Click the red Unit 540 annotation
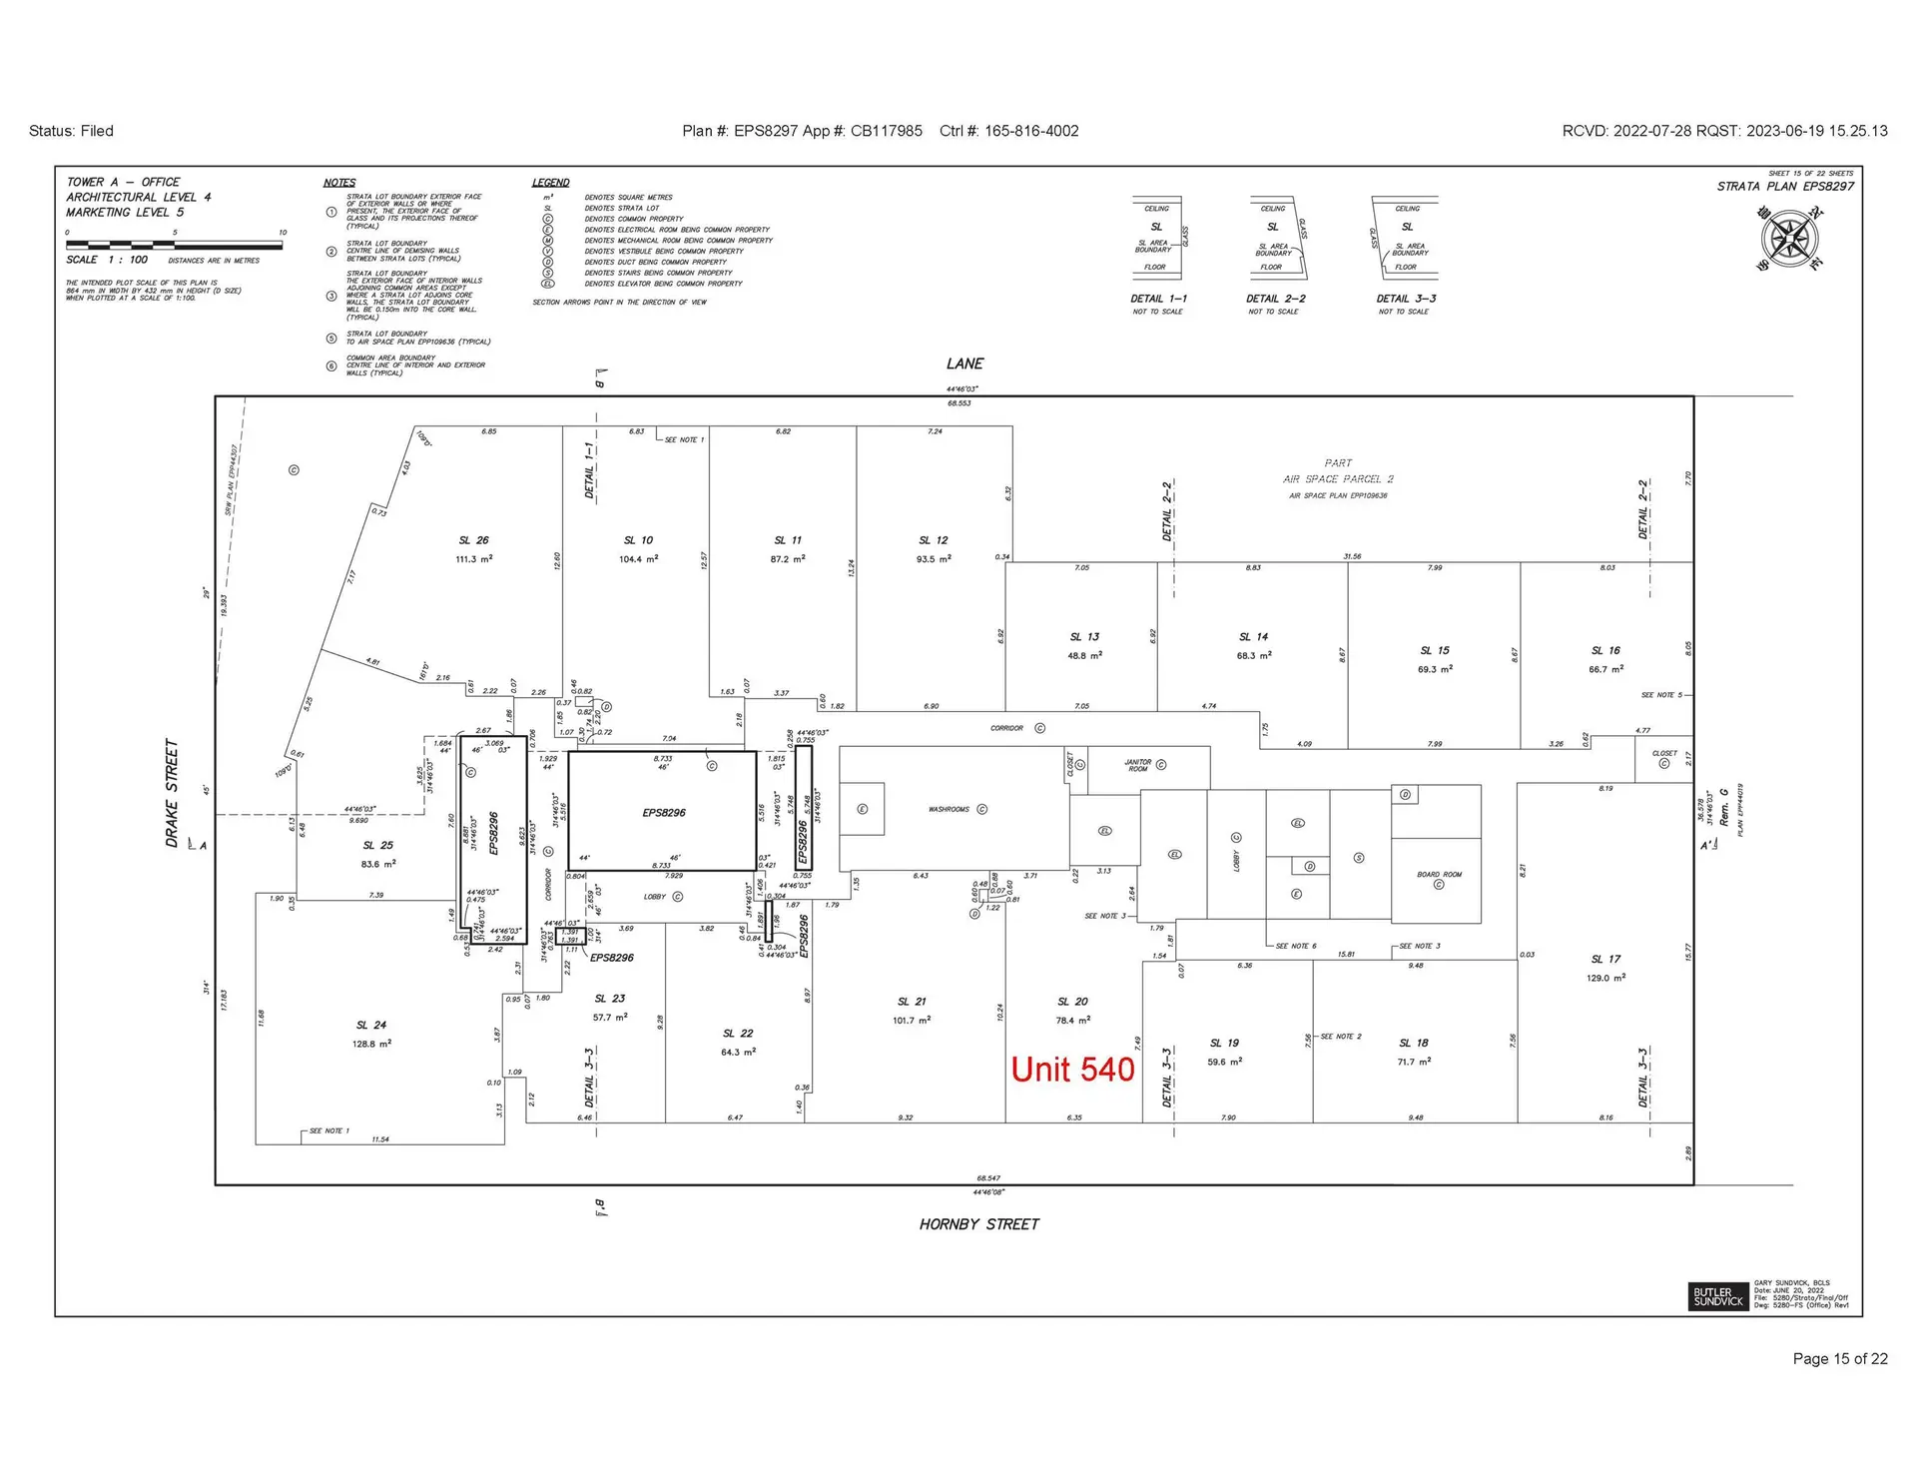(x=1072, y=1070)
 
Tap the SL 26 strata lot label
(x=474, y=540)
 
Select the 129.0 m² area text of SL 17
(x=1605, y=978)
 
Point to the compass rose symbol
(x=1789, y=239)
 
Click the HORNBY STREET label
(x=978, y=1224)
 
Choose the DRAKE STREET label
(x=172, y=794)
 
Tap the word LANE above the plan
(x=964, y=364)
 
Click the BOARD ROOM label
(x=1439, y=875)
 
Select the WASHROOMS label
(x=949, y=809)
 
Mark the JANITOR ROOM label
(x=1138, y=765)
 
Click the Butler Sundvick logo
(x=1718, y=1296)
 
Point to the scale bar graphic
(x=175, y=245)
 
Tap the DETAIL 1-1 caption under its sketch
(x=1158, y=299)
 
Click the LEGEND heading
(x=550, y=183)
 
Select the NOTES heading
(x=339, y=183)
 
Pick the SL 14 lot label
(x=1253, y=637)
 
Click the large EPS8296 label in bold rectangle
(x=664, y=813)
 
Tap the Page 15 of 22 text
(x=1839, y=1358)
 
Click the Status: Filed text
(x=71, y=131)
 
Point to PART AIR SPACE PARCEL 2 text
(x=1338, y=471)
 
